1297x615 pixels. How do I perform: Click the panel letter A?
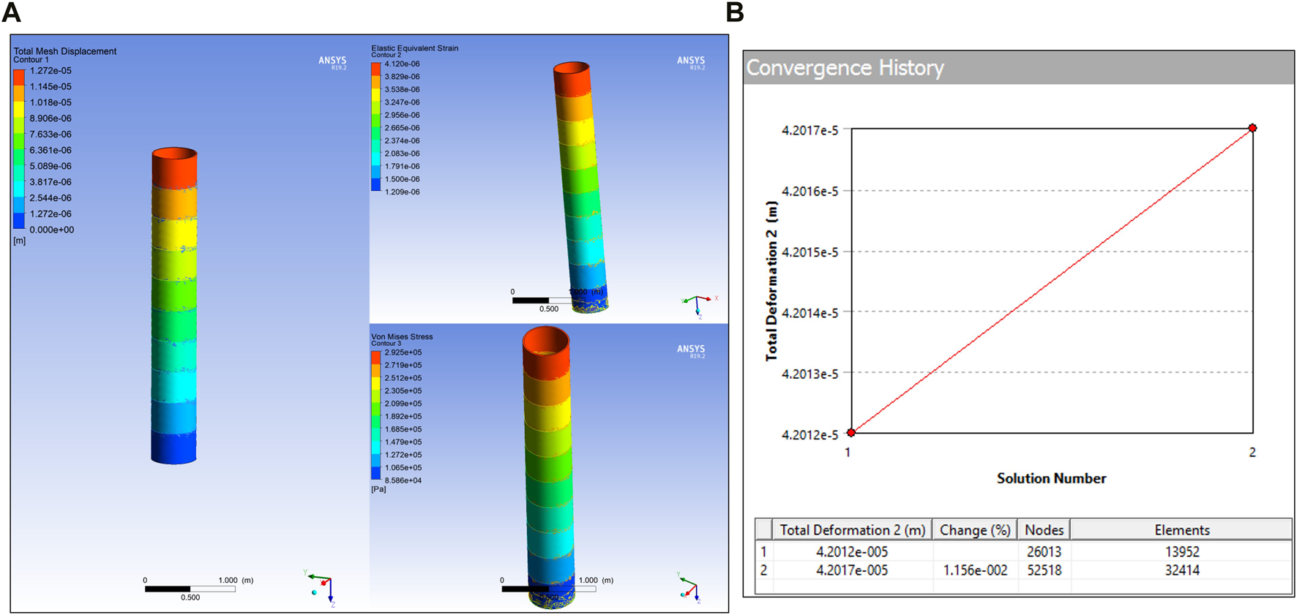click(x=12, y=12)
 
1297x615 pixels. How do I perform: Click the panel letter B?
click(x=735, y=12)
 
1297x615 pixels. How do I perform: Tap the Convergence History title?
click(x=845, y=68)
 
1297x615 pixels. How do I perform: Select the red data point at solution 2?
click(x=1252, y=128)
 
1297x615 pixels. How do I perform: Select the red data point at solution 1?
click(x=851, y=433)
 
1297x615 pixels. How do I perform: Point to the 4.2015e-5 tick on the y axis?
click(x=810, y=252)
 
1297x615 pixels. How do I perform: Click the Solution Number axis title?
click(x=1051, y=478)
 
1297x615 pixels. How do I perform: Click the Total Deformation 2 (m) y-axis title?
click(x=771, y=281)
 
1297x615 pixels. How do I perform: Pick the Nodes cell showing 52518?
click(x=1044, y=570)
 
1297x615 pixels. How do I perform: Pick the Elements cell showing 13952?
click(x=1181, y=551)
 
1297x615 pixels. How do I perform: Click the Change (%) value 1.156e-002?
click(x=975, y=570)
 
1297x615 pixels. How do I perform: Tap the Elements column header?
click(x=1181, y=529)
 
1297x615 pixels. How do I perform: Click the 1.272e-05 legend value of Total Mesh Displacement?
click(x=51, y=71)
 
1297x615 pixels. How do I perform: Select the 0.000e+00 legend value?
click(x=51, y=230)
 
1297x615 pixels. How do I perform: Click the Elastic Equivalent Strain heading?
click(x=414, y=48)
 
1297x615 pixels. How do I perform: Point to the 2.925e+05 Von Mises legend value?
click(x=403, y=352)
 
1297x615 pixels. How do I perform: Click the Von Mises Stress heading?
click(x=402, y=336)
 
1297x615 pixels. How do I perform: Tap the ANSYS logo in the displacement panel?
click(x=332, y=61)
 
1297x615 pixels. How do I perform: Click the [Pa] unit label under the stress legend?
click(x=378, y=489)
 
